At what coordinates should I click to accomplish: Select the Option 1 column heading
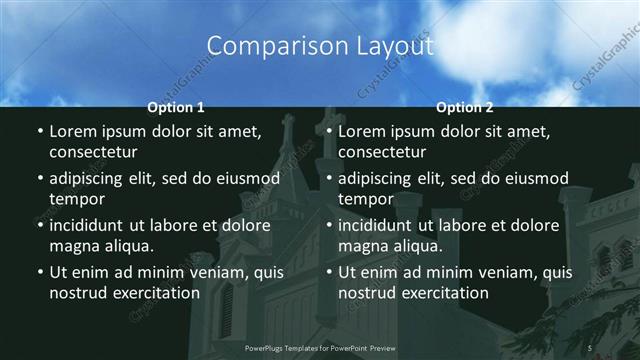[x=176, y=107]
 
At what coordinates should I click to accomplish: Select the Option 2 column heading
[x=465, y=107]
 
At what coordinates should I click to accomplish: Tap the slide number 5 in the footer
[x=590, y=347]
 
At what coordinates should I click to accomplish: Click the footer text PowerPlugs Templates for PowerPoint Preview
[x=319, y=347]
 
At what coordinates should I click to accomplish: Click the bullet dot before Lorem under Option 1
[x=39, y=132]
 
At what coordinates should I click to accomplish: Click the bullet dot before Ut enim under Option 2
[x=328, y=272]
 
